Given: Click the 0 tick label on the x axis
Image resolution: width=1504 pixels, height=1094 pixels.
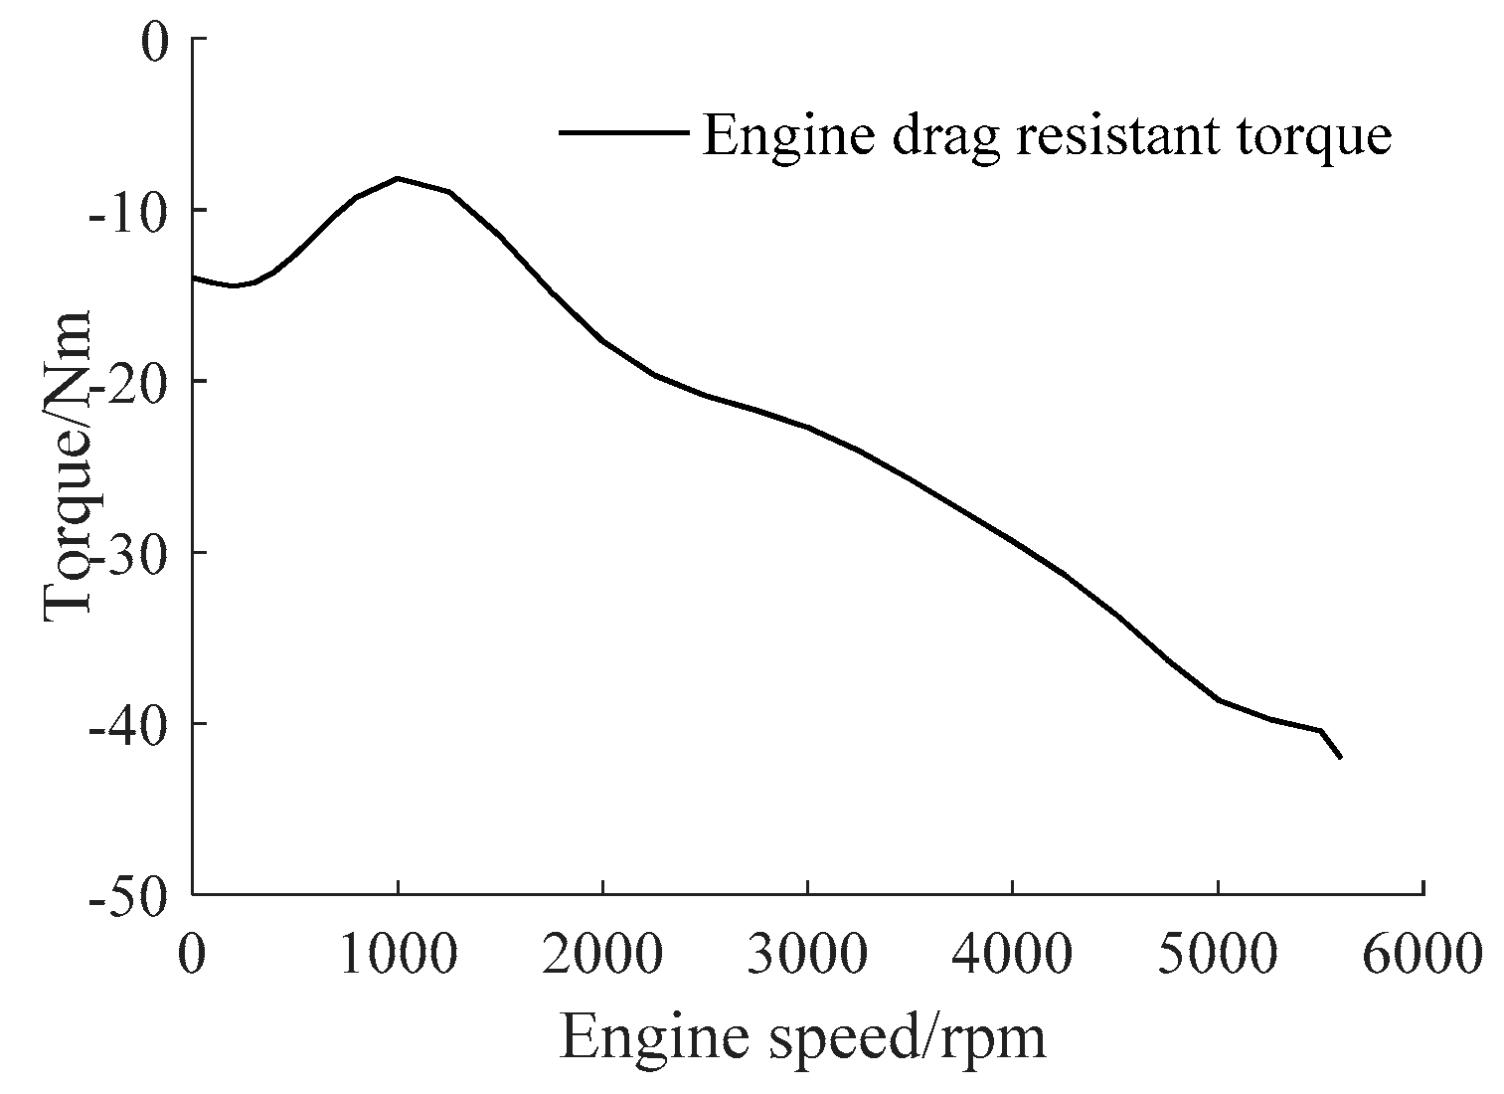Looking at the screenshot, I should coord(192,954).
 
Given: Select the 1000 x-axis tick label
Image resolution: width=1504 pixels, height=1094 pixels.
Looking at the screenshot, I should coord(397,954).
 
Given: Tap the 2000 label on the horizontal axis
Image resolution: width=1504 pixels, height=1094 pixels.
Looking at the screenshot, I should coord(602,954).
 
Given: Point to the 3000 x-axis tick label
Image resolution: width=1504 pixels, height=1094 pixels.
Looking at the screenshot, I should coord(807,954).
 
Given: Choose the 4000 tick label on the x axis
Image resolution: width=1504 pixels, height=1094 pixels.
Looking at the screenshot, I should coord(1012,954).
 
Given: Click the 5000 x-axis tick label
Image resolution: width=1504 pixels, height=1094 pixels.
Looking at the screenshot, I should coord(1218,954).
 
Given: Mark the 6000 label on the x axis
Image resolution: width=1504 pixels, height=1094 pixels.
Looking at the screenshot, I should coord(1422,954).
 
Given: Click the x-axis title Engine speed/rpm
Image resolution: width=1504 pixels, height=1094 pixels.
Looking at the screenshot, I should coord(803,1037).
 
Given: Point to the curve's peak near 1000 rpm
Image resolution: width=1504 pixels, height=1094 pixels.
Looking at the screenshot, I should coord(398,178).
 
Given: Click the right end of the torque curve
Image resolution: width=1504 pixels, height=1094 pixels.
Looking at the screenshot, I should coord(1340,757).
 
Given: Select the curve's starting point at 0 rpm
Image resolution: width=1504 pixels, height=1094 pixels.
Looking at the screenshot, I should coord(194,277).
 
